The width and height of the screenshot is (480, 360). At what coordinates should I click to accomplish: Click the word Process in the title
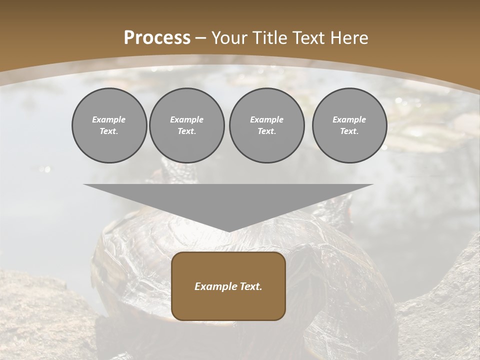tap(157, 38)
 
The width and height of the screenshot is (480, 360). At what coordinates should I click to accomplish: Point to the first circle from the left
tap(109, 125)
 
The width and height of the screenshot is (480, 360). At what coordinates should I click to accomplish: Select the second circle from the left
tap(187, 125)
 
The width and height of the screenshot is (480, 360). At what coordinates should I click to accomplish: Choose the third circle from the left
tap(266, 125)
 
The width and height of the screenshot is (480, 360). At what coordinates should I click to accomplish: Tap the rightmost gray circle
tap(349, 125)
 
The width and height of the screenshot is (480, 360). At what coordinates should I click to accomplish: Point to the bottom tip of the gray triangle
tap(228, 231)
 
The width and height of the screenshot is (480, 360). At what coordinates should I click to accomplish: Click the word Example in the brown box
tap(215, 286)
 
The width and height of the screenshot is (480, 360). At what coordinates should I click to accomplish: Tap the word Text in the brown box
tap(250, 286)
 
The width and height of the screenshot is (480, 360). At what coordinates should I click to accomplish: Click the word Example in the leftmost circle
tap(109, 119)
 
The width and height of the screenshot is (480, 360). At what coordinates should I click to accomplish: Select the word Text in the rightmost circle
tap(349, 131)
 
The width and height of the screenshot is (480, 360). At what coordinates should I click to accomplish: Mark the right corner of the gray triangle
tap(372, 185)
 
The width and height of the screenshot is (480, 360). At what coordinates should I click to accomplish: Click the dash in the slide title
tap(201, 38)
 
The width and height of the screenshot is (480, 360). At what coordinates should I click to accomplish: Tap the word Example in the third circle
tap(266, 119)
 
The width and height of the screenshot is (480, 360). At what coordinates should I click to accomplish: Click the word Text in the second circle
tap(187, 131)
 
